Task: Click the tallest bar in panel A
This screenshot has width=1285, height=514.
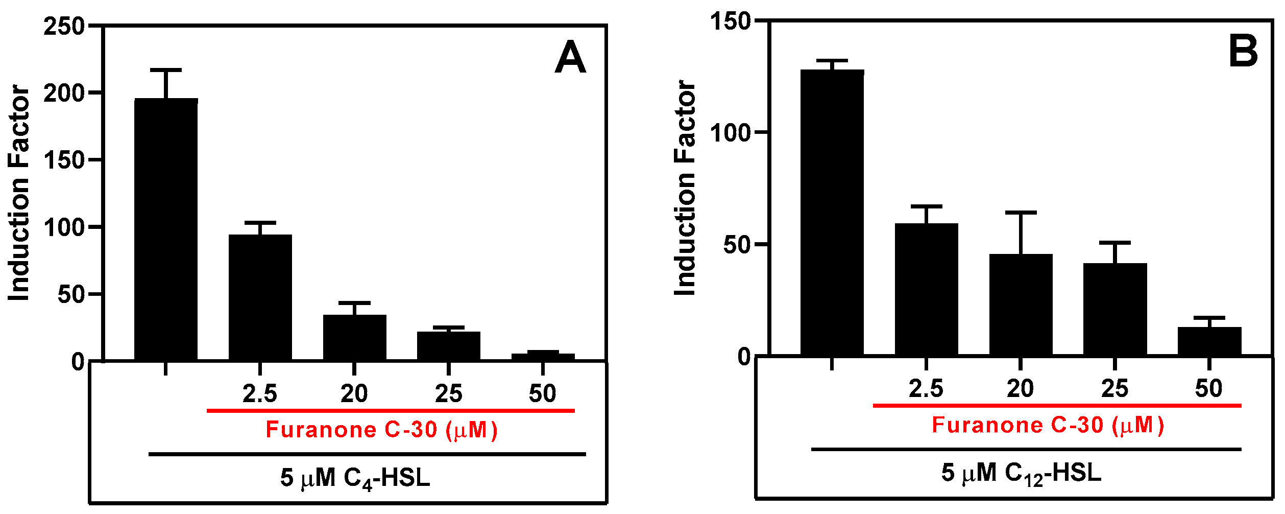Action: pyautogui.click(x=166, y=230)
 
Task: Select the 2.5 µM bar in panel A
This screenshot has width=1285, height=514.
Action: pyautogui.click(x=260, y=298)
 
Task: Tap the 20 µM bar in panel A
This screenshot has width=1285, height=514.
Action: pyautogui.click(x=354, y=338)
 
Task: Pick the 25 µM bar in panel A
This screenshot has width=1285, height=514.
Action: pyautogui.click(x=449, y=346)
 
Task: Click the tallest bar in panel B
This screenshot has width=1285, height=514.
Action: pyautogui.click(x=832, y=213)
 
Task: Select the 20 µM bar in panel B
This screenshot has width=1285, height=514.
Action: pyautogui.click(x=1021, y=305)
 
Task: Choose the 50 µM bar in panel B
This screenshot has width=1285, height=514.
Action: pyautogui.click(x=1209, y=341)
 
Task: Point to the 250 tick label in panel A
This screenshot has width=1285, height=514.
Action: pyautogui.click(x=64, y=26)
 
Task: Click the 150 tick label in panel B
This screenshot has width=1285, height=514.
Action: pyautogui.click(x=731, y=21)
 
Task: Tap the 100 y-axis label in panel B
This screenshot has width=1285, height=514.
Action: pyautogui.click(x=731, y=133)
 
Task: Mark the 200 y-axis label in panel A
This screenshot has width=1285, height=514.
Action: pyautogui.click(x=64, y=94)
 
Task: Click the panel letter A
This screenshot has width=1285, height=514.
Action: pyautogui.click(x=570, y=58)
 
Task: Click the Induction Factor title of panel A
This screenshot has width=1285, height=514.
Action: pyautogui.click(x=19, y=193)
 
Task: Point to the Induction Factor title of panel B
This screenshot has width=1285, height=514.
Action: pyautogui.click(x=685, y=188)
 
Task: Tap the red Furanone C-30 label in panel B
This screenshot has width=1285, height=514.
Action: pyautogui.click(x=1048, y=425)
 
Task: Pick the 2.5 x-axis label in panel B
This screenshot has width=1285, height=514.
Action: pyautogui.click(x=926, y=389)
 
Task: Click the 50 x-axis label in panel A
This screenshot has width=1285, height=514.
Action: pyautogui.click(x=542, y=393)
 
